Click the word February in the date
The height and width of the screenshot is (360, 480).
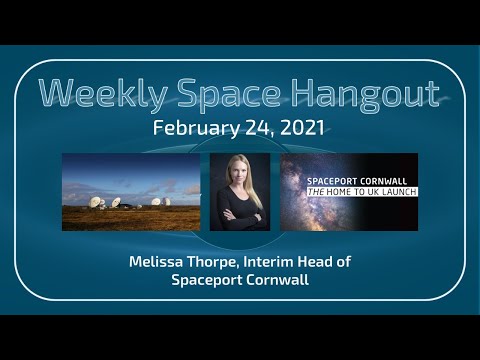pos(197,129)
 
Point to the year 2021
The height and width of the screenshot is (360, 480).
pos(301,129)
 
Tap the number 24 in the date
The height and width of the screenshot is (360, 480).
pos(254,129)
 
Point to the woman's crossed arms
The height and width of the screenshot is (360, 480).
pos(240,215)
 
